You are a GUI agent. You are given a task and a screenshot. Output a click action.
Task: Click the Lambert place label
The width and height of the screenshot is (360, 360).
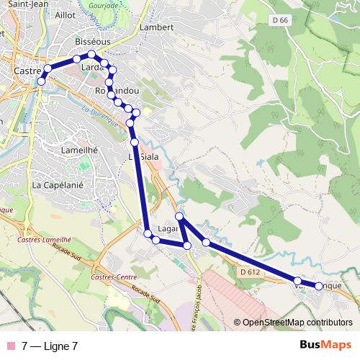pyautogui.click(x=158, y=27)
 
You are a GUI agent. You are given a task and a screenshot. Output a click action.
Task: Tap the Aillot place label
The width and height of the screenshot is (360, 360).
pyautogui.click(x=64, y=14)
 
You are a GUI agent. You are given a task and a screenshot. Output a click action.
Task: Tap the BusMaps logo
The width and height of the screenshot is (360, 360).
pyautogui.click(x=325, y=345)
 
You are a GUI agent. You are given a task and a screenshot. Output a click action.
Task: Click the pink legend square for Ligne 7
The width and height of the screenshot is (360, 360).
pyautogui.click(x=11, y=346)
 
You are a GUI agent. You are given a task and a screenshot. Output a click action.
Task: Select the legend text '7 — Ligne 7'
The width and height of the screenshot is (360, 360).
pyautogui.click(x=50, y=346)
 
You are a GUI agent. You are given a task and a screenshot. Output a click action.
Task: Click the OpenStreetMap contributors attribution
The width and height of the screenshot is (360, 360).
pyautogui.click(x=297, y=322)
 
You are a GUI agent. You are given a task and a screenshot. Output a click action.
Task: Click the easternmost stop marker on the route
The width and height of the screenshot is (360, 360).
pyautogui.click(x=319, y=287)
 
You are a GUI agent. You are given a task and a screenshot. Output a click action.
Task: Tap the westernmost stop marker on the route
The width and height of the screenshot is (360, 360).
pyautogui.click(x=41, y=81)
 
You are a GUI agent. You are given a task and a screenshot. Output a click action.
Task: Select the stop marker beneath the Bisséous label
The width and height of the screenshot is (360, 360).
pyautogui.click(x=91, y=55)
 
